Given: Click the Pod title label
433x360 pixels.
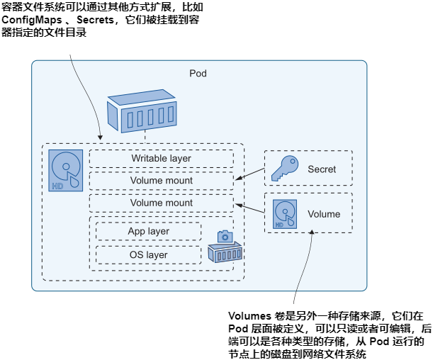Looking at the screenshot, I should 198,74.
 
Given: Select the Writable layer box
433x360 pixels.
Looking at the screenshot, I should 161,158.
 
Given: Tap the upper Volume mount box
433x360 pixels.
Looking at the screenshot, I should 161,181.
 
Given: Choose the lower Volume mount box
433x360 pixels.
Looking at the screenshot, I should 161,203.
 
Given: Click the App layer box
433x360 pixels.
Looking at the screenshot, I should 148,232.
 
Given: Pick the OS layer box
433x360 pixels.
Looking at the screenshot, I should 148,255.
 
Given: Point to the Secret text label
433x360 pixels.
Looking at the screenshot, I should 322,169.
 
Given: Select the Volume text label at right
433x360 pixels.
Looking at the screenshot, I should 324,214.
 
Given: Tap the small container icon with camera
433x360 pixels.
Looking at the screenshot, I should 225,252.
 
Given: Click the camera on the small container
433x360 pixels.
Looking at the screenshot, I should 225,236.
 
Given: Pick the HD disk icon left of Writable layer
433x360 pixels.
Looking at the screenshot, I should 66,171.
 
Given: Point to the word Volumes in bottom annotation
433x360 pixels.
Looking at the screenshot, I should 250,316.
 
